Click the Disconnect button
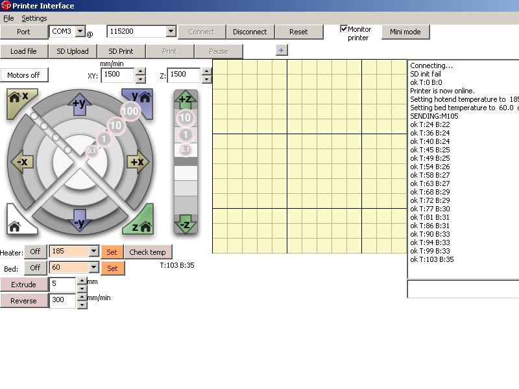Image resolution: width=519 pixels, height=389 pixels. [x=250, y=32]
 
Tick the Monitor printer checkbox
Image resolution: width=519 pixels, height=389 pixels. [x=344, y=29]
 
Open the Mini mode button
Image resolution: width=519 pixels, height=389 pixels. [x=405, y=32]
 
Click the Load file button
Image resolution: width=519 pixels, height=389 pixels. [x=23, y=51]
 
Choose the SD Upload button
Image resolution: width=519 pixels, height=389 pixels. [x=73, y=51]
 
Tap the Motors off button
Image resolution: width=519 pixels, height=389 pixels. [x=24, y=75]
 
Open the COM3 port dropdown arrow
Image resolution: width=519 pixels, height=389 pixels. [x=80, y=31]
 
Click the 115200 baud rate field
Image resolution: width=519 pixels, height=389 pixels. [x=137, y=31]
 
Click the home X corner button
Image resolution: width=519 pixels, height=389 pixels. [x=21, y=101]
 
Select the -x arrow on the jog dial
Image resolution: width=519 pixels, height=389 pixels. [x=22, y=161]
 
